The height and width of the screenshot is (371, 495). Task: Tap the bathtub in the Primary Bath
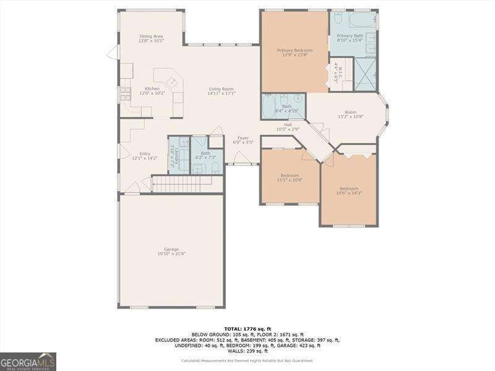(x=360, y=19)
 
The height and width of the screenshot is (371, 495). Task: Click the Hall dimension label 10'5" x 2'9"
(x=288, y=129)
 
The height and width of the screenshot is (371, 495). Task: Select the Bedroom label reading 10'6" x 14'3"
(x=348, y=190)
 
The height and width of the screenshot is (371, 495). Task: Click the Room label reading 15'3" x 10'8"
(x=350, y=114)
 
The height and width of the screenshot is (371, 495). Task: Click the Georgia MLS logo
(x=28, y=361)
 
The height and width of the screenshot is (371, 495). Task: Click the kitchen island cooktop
(x=171, y=81)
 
